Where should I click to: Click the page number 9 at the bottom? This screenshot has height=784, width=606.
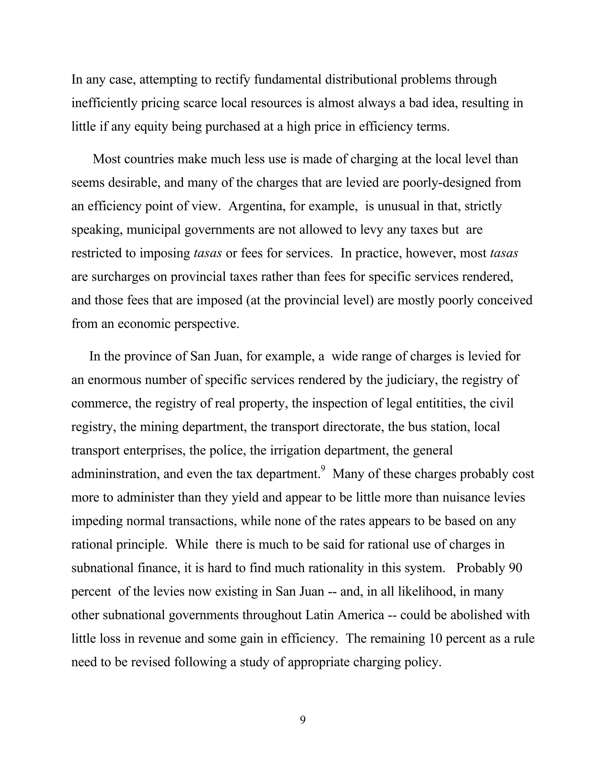[303, 720]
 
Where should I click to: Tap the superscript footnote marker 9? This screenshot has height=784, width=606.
[323, 468]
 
